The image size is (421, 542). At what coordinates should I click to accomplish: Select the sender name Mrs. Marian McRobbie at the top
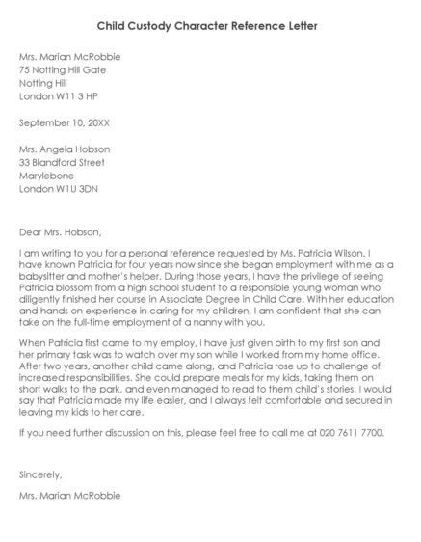(x=69, y=57)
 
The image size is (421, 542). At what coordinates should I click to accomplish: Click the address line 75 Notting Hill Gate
(x=63, y=70)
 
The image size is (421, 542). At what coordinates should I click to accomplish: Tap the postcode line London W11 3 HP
(x=58, y=96)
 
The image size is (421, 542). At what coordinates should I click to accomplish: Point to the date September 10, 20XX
(x=65, y=123)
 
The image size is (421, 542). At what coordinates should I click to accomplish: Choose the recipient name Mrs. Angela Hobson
(x=65, y=149)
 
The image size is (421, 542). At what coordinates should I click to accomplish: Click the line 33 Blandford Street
(x=62, y=163)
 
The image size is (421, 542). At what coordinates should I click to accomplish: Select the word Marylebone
(x=44, y=176)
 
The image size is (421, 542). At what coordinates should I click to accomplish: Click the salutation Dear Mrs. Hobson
(x=59, y=231)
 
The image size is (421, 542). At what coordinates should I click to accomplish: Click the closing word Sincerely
(x=40, y=475)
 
